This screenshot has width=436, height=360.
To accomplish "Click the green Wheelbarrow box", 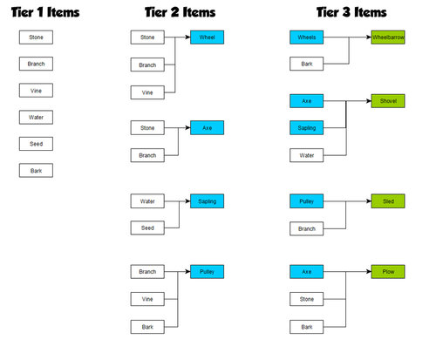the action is click(388, 37).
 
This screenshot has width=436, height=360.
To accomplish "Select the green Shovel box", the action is click(388, 101).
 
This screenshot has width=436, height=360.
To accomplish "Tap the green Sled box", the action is click(388, 201).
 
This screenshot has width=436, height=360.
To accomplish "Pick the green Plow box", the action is click(388, 272).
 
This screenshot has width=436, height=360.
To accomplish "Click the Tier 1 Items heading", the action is click(45, 12).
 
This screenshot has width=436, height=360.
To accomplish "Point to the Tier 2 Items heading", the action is click(181, 12).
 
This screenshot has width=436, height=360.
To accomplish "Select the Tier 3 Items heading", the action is click(351, 12).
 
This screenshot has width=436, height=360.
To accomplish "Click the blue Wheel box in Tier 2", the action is click(208, 37).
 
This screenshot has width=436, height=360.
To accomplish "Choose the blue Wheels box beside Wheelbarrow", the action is click(307, 37).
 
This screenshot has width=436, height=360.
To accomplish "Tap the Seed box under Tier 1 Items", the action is click(36, 144).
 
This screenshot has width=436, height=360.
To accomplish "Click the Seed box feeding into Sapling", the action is click(147, 228).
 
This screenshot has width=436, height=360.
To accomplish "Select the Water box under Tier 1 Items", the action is click(36, 117).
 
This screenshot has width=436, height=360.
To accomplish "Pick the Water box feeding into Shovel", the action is click(307, 155).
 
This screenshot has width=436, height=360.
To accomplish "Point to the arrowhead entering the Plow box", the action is click(369, 272).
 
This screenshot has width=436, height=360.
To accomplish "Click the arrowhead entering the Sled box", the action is click(369, 201).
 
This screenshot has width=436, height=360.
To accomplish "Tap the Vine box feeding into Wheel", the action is click(147, 92).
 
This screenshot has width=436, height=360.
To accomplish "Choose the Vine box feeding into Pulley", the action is click(147, 299).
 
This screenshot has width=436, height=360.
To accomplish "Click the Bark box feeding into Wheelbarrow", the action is click(307, 64).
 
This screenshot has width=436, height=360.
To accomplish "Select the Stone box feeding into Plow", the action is click(307, 299).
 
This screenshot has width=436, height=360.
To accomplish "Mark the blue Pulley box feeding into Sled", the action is click(307, 201).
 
